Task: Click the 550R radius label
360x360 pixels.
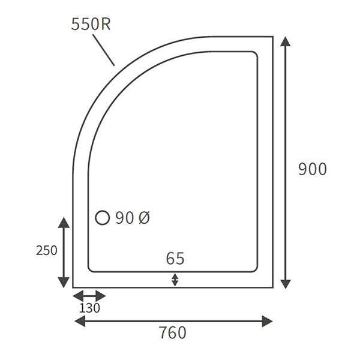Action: [90, 24]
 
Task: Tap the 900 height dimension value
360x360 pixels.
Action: [313, 169]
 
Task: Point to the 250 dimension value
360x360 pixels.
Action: [47, 250]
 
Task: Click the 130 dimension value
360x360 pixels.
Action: [89, 308]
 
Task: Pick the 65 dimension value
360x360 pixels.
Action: [175, 259]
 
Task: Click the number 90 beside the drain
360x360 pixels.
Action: [124, 218]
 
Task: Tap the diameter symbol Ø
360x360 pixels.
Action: [144, 218]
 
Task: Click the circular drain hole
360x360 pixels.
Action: [103, 218]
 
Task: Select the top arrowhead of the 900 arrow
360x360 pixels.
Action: [286, 41]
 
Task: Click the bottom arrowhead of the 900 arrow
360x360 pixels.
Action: [286, 283]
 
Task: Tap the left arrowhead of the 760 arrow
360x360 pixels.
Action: [79, 322]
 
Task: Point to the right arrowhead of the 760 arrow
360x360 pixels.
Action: [268, 322]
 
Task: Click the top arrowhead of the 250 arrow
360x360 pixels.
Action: [63, 223]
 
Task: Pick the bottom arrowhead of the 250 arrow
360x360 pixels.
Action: [63, 283]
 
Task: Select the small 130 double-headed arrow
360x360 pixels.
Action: [89, 296]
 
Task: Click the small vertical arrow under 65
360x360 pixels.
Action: [175, 279]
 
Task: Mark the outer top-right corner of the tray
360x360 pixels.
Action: [273, 37]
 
